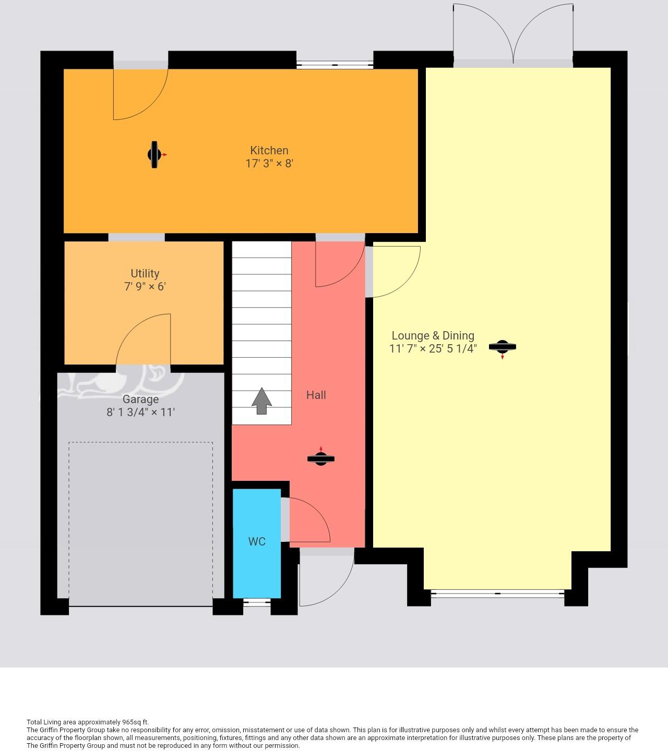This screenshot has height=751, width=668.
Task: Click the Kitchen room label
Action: click(269, 150)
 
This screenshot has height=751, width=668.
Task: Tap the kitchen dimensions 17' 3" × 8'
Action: click(269, 163)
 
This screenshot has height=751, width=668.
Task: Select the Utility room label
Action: click(145, 273)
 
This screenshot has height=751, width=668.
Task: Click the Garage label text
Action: click(140, 399)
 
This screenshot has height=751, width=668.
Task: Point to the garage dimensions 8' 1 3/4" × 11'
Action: click(140, 413)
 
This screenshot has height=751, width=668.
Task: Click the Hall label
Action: click(316, 395)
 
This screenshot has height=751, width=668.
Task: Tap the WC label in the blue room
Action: click(257, 542)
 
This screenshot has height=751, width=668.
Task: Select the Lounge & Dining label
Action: click(433, 336)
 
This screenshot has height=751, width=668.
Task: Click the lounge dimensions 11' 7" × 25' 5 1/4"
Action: click(433, 349)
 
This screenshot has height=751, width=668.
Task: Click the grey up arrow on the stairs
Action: click(261, 401)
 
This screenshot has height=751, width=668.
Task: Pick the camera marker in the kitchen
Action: click(155, 155)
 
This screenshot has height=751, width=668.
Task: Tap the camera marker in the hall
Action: click(320, 458)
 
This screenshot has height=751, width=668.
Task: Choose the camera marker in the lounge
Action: click(502, 347)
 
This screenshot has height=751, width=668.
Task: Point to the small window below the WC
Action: click(257, 602)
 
